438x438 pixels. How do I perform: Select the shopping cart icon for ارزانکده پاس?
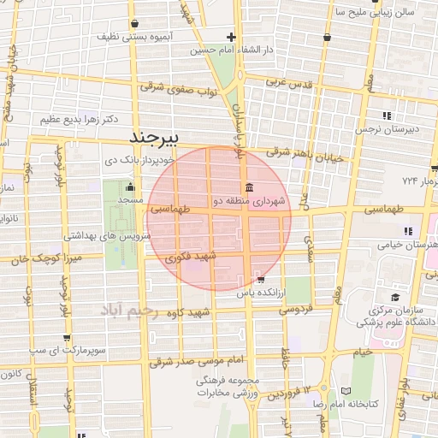260,279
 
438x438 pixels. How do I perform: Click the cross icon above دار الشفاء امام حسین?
231,37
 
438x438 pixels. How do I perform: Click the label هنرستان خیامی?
402,244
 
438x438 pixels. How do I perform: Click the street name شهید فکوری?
192,256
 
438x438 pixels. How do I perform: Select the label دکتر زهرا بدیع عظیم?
74,119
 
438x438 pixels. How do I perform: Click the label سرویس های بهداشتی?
74,234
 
